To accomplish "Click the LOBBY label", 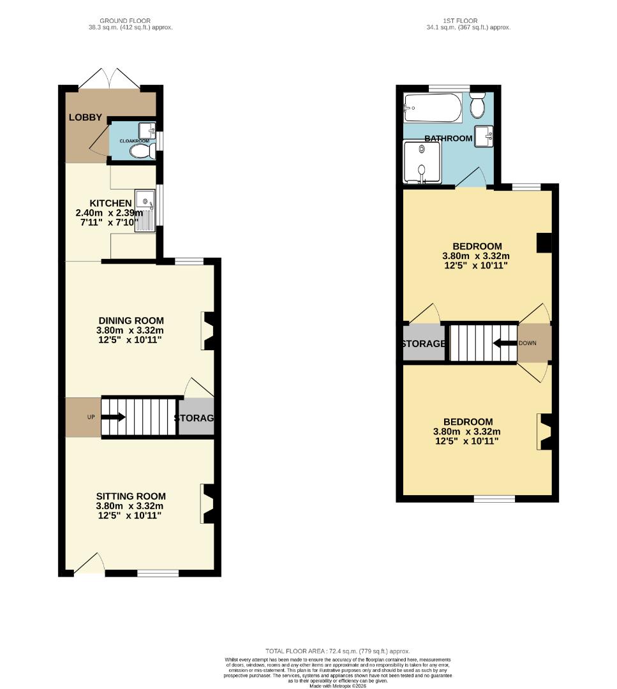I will [x=86, y=117].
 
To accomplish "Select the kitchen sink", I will [x=145, y=202].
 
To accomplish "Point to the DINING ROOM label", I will [x=131, y=320].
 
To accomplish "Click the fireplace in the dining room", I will [x=209, y=331].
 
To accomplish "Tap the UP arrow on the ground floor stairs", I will [x=112, y=417].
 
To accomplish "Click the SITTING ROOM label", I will [x=131, y=496].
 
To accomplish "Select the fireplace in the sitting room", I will [x=207, y=504].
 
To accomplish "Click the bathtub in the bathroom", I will [x=432, y=108].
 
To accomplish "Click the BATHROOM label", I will [x=449, y=138].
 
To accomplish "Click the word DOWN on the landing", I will [x=528, y=343].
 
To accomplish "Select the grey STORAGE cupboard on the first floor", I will [x=423, y=344].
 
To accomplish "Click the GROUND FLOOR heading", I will [x=125, y=21].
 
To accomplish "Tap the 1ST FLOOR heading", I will [x=468, y=21].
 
